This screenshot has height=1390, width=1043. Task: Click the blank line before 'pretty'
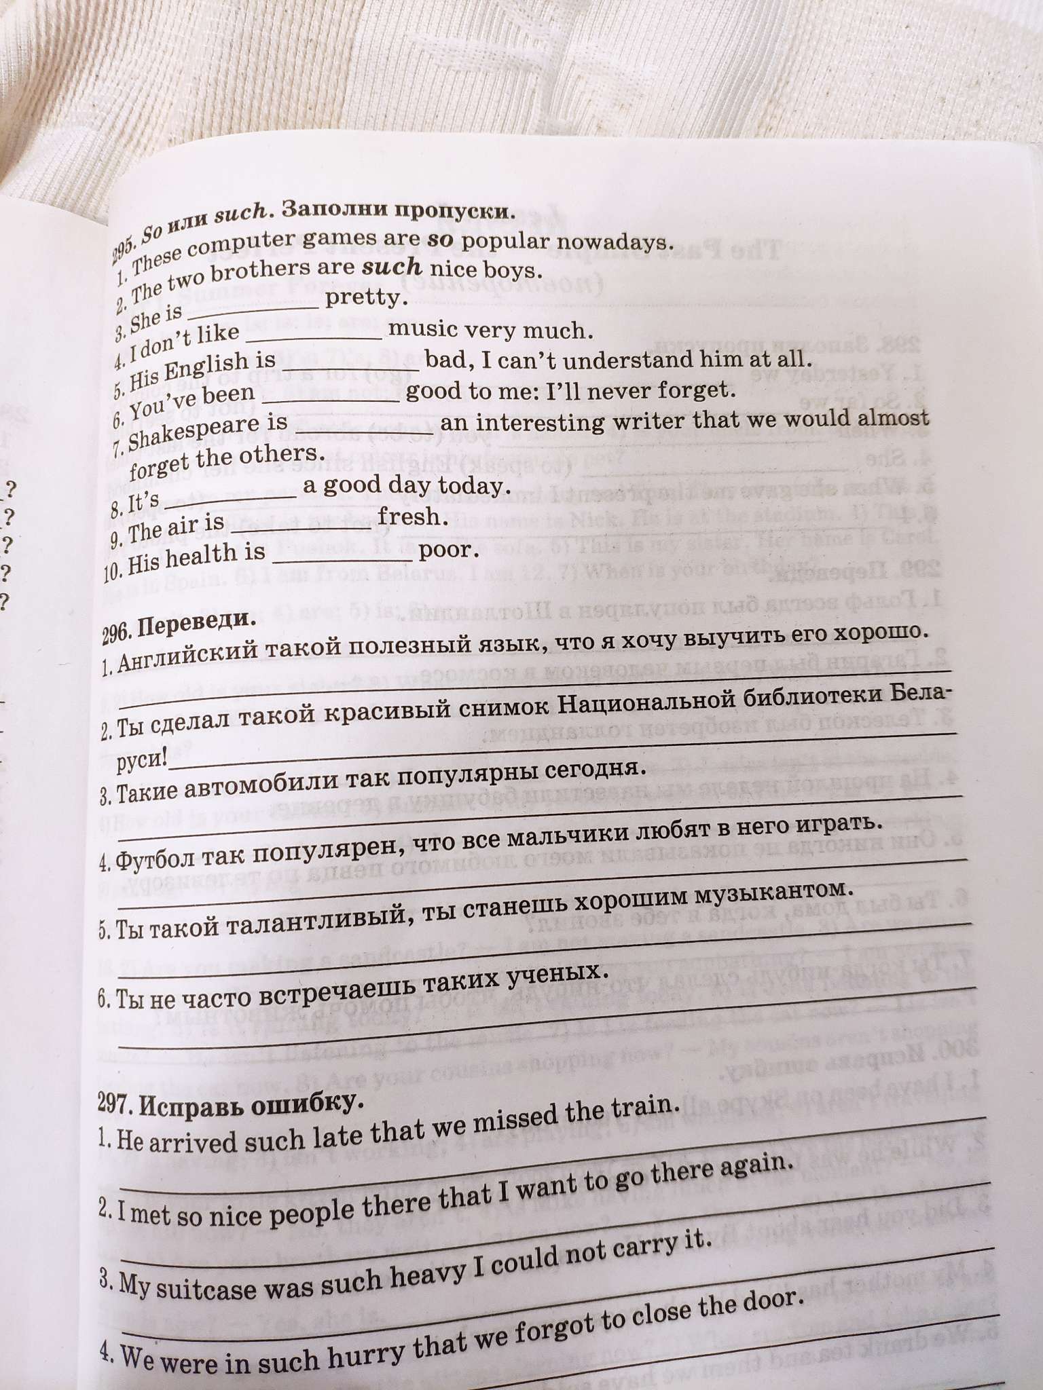(253, 307)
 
